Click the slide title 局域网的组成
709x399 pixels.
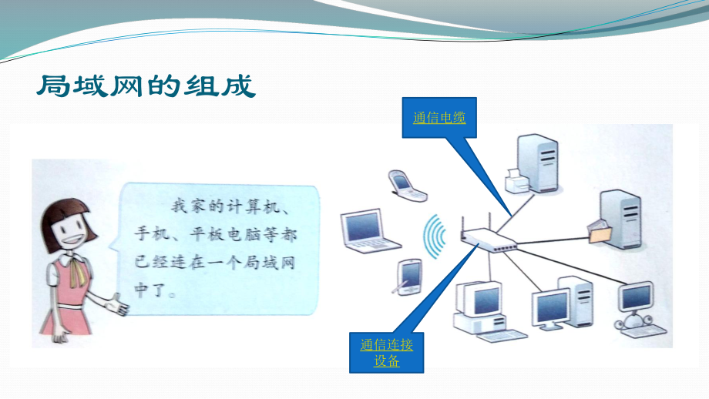(x=145, y=85)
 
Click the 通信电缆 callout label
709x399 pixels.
(x=439, y=118)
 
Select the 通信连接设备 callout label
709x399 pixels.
(x=387, y=352)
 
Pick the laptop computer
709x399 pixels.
(x=369, y=232)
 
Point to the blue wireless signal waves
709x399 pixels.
(x=435, y=235)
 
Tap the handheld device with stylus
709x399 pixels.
(x=408, y=277)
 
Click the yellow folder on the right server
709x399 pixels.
(x=598, y=230)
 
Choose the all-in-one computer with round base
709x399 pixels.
(x=635, y=306)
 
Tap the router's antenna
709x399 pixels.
(x=462, y=226)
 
